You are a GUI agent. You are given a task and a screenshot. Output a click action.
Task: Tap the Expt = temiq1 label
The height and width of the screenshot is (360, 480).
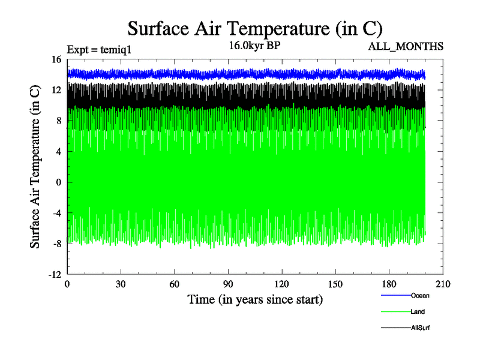click(98, 49)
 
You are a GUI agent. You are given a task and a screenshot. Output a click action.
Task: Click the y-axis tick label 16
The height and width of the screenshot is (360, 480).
click(56, 59)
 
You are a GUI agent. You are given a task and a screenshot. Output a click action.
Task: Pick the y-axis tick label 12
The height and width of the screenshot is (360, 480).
click(56, 90)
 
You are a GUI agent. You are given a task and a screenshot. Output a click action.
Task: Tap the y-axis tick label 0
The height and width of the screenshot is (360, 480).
click(59, 182)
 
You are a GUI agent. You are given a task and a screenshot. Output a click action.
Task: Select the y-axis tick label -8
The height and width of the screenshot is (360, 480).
click(56, 244)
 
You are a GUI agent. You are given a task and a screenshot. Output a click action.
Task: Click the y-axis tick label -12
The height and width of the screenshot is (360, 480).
click(55, 274)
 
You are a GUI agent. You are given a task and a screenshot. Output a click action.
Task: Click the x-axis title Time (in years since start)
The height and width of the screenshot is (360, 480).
click(255, 299)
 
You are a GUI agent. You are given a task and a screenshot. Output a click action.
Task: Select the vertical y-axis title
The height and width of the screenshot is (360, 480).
click(35, 167)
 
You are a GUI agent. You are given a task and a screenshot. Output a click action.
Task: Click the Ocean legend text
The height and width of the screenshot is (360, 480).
click(420, 295)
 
